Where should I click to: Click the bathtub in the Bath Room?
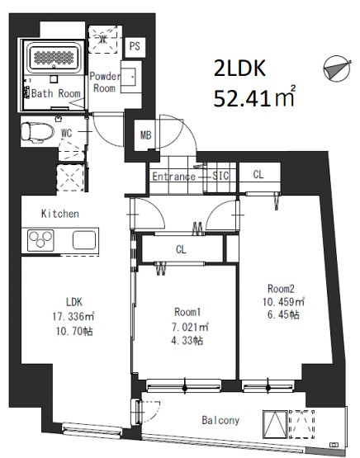pyautogui.click(x=54, y=58)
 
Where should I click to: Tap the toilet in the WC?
pyautogui.click(x=37, y=133)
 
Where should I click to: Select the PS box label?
pyautogui.click(x=135, y=46)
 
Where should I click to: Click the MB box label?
pyautogui.click(x=146, y=135)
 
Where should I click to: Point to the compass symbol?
pyautogui.click(x=337, y=68)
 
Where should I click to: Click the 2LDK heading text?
pyautogui.click(x=239, y=68)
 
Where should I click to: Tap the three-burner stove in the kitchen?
pyautogui.click(x=40, y=241)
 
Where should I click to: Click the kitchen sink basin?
pyautogui.click(x=84, y=240)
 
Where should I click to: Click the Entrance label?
pyautogui.click(x=173, y=177)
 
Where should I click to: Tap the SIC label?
pyautogui.click(x=220, y=176)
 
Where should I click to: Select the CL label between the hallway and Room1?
pyautogui.click(x=181, y=249)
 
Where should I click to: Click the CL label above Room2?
pyautogui.click(x=258, y=174)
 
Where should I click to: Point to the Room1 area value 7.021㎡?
pyautogui.click(x=190, y=327)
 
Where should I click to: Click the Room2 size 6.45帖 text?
pyautogui.click(x=283, y=314)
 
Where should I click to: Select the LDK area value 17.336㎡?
pyautogui.click(x=73, y=316)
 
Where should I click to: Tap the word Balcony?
pyautogui.click(x=220, y=420)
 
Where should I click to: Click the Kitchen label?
pyautogui.click(x=60, y=214)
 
